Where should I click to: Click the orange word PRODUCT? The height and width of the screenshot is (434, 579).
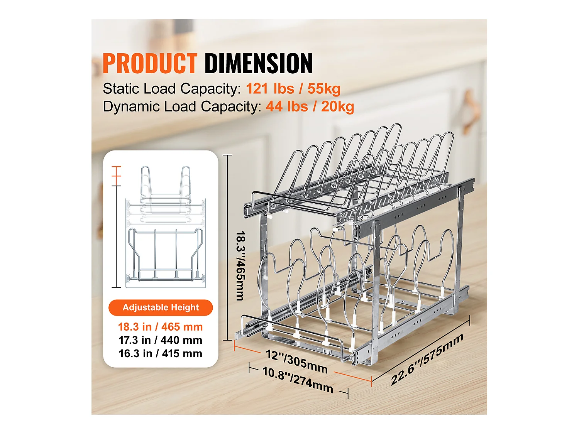point(150,64)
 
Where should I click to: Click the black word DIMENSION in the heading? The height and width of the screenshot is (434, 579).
point(258,64)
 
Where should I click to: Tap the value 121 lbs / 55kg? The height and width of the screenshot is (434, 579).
point(293,89)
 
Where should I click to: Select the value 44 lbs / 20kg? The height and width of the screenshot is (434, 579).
point(310,106)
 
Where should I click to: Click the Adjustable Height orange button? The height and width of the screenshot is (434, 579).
point(161,307)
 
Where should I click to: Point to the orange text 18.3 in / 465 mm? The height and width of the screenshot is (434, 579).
point(160,327)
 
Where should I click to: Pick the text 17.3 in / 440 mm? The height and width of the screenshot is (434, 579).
point(160,340)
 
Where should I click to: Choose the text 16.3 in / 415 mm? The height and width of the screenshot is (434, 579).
point(160,353)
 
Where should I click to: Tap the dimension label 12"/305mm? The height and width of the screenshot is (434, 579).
point(296,362)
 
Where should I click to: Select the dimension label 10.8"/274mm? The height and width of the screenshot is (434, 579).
point(298,380)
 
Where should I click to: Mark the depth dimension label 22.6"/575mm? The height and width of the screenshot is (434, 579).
point(427,360)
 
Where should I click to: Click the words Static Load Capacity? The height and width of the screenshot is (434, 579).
point(171,89)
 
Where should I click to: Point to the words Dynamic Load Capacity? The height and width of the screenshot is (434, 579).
point(182,106)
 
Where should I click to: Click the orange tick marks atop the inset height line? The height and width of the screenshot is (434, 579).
point(116,172)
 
